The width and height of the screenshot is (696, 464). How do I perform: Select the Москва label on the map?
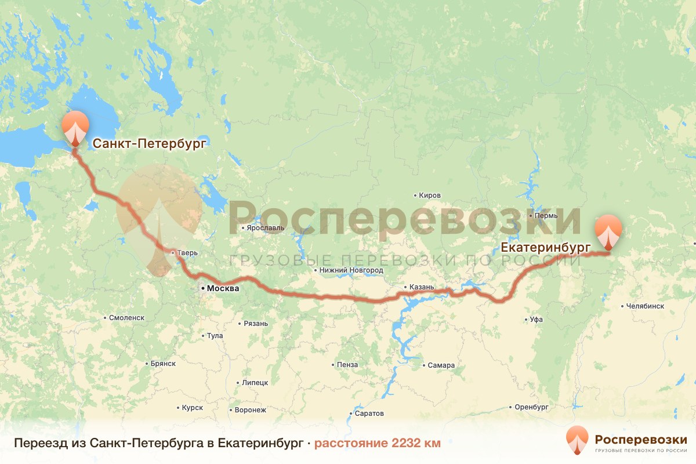(222, 288)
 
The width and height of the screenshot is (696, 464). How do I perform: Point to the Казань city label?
(421, 287)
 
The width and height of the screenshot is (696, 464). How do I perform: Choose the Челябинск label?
(644, 306)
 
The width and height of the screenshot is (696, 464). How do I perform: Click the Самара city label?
(441, 365)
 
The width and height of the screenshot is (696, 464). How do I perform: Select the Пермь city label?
(546, 216)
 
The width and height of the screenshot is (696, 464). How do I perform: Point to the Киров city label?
(429, 195)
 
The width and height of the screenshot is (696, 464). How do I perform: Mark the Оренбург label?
(531, 407)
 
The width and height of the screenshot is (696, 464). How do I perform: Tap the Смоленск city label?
(126, 318)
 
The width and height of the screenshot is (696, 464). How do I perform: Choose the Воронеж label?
(250, 410)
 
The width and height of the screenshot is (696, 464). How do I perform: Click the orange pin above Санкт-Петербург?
(75, 126)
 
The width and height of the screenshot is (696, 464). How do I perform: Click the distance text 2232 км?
(416, 443)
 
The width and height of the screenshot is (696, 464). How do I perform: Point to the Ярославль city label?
(266, 228)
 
